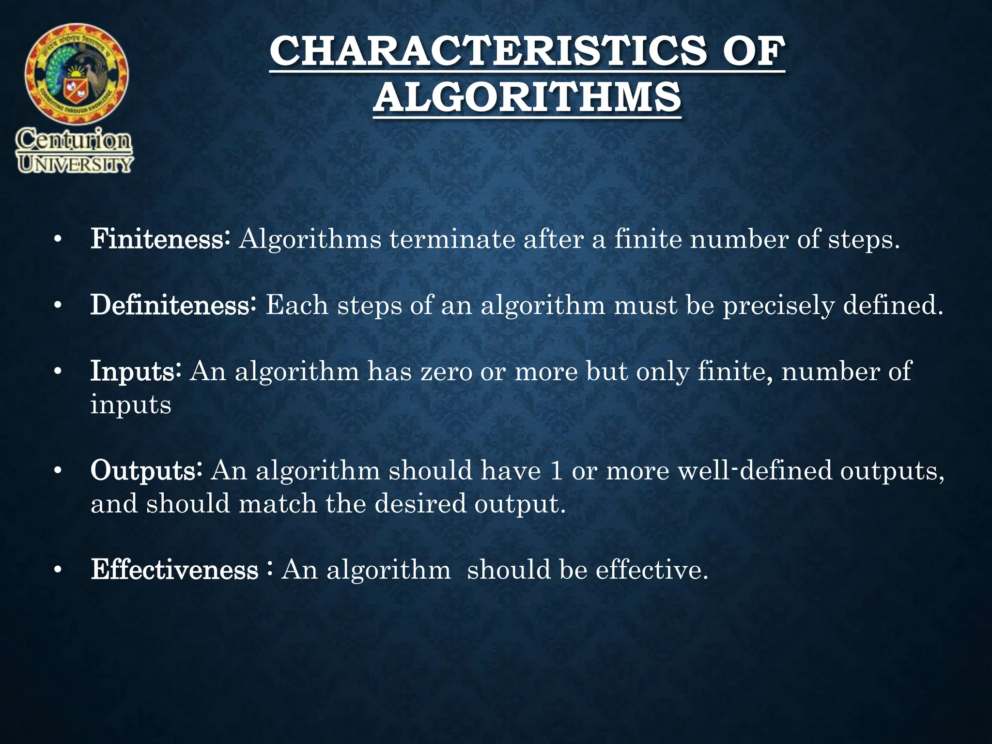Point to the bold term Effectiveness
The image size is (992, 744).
174,570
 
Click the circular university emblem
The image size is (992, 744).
77,74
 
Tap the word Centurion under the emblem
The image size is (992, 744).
74,140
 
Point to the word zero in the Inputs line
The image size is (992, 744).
446,372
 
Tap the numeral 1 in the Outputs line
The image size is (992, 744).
557,471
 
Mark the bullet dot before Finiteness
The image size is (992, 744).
58,240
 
